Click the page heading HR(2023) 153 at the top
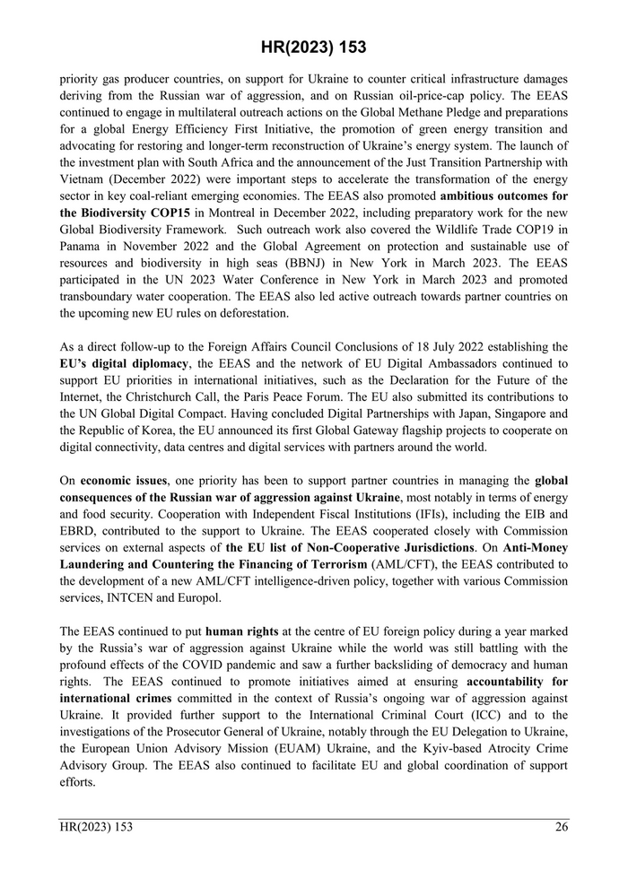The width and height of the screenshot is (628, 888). (x=314, y=47)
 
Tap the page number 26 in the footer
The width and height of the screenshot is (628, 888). (x=561, y=827)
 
